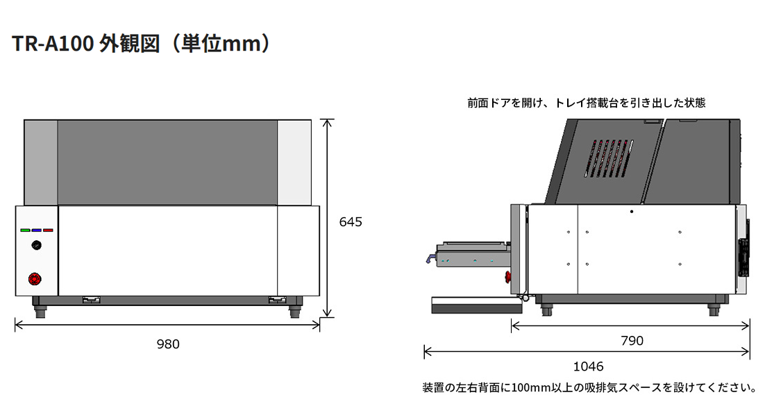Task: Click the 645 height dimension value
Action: [351, 222]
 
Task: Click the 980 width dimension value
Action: [168, 344]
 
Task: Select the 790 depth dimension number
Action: [631, 341]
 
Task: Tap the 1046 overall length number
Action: [588, 366]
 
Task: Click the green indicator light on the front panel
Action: [26, 230]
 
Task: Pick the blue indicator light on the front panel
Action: [37, 230]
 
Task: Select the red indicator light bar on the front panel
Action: [48, 230]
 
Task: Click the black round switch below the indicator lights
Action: [36, 246]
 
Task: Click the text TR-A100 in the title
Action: [49, 44]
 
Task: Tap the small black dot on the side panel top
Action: [632, 210]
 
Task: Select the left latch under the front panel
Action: [92, 300]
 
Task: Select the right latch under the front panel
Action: [277, 300]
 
